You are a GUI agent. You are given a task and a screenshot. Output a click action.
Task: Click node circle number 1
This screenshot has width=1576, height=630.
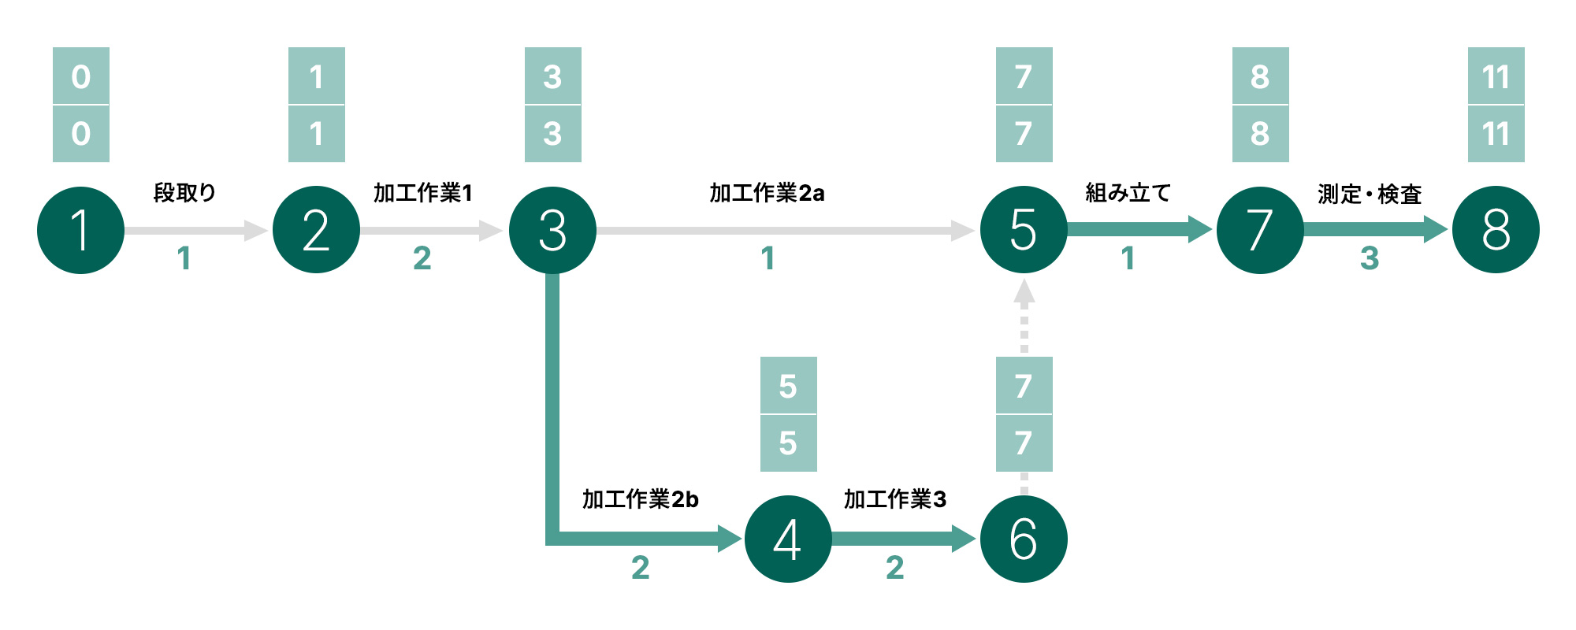tap(80, 230)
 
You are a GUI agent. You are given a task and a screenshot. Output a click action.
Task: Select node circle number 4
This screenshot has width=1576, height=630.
tap(788, 539)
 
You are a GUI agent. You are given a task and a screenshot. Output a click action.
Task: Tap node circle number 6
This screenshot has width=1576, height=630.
tap(1024, 539)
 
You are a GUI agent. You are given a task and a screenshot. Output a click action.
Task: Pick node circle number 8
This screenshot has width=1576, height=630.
tap(1496, 230)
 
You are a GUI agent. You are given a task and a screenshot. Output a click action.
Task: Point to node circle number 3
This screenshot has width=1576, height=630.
tap(552, 230)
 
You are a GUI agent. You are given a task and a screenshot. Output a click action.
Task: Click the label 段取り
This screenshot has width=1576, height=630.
tap(184, 193)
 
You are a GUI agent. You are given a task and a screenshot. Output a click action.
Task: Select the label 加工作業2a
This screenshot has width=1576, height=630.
tap(767, 193)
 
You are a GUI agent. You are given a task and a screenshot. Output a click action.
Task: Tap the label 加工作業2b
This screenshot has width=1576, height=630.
tap(640, 499)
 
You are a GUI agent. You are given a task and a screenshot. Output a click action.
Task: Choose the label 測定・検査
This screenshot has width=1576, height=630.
tap(1370, 194)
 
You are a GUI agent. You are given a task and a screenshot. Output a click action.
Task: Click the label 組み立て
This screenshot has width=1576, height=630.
tap(1128, 193)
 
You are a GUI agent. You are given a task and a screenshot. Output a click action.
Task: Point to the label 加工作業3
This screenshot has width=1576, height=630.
tap(894, 499)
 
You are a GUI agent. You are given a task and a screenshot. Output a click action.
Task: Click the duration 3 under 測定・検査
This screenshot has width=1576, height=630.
tap(1370, 258)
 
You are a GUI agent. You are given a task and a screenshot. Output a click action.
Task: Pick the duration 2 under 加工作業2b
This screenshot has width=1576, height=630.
tap(640, 568)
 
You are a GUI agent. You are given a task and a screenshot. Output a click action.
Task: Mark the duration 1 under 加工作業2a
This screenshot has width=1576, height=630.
tap(768, 258)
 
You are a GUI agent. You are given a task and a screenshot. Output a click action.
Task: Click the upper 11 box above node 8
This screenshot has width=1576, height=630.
tap(1496, 76)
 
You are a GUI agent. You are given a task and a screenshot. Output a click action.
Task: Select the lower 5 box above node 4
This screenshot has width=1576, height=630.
tap(788, 443)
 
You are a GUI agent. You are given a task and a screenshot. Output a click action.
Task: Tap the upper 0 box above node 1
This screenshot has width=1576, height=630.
tap(80, 76)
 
